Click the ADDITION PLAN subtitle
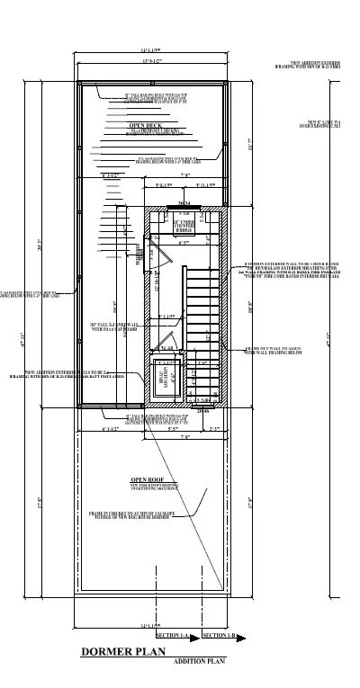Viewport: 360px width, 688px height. [x=200, y=661]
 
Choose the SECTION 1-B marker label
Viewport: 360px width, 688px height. [x=219, y=636]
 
